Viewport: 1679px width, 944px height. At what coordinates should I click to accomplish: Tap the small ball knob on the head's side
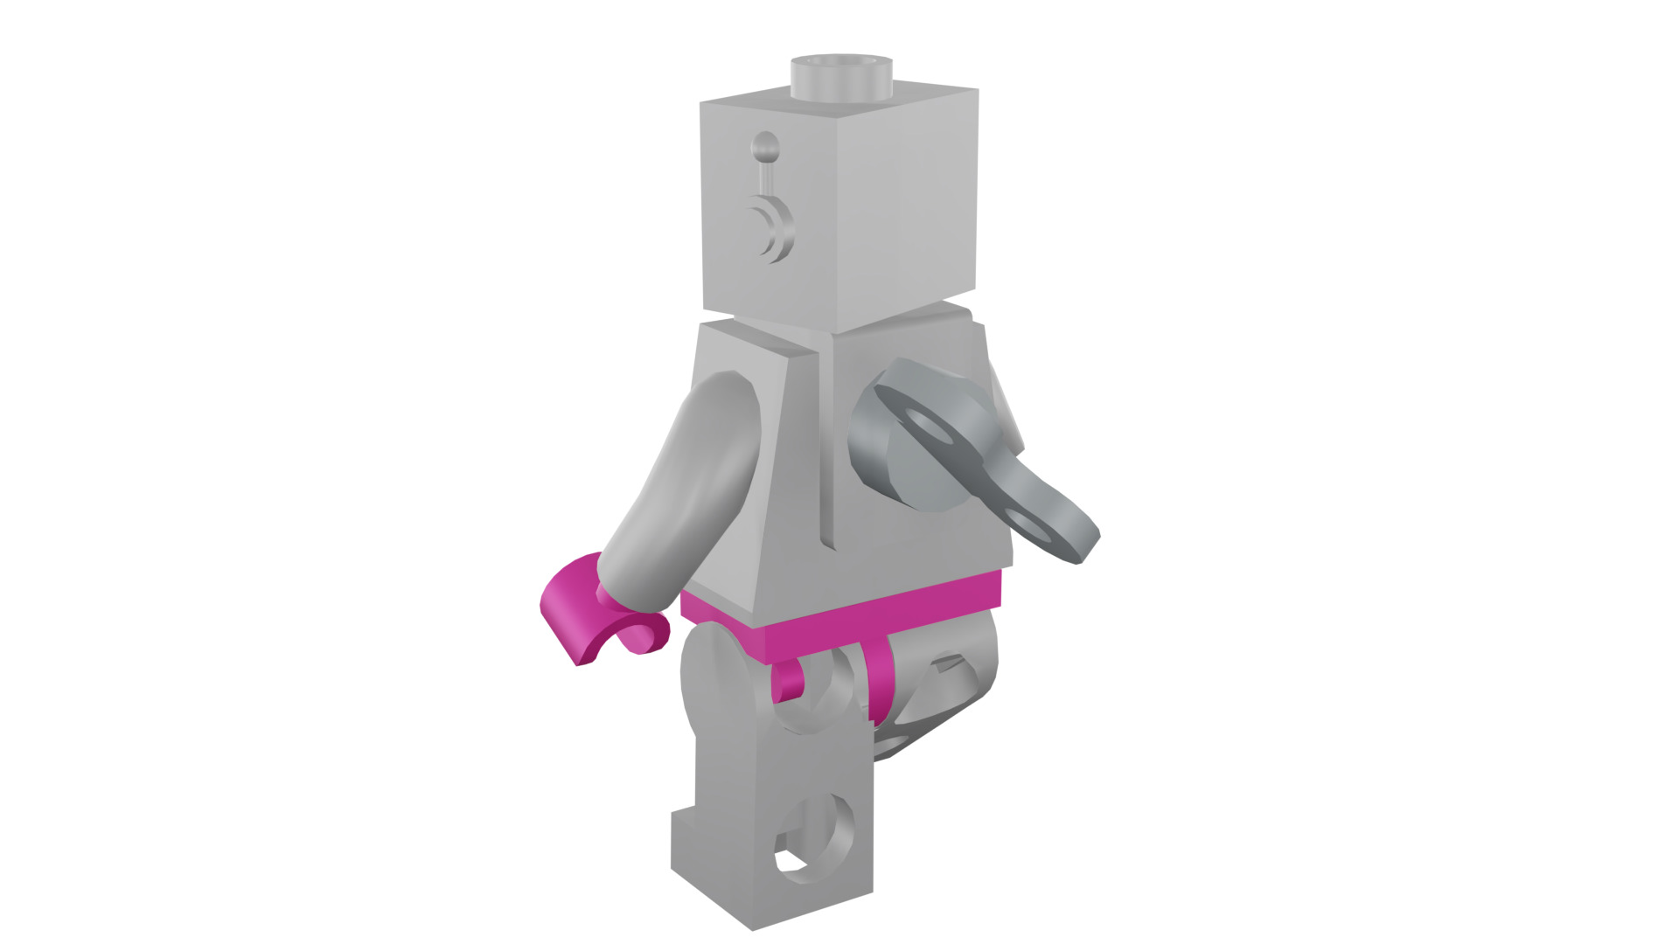[765, 146]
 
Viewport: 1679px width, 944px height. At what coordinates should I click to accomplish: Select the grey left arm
[691, 489]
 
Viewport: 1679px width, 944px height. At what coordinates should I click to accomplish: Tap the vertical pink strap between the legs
[879, 682]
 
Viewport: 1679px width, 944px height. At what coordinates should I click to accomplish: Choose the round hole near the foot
[818, 839]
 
